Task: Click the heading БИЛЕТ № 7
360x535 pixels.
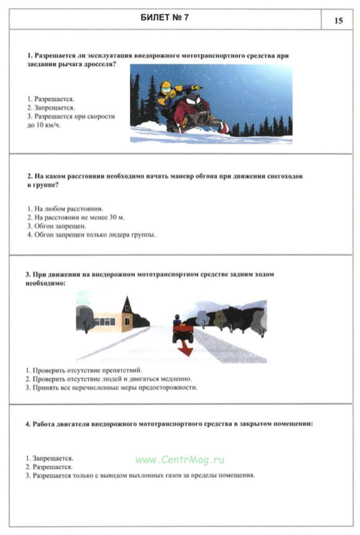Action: (165, 18)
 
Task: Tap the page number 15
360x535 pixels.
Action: (338, 21)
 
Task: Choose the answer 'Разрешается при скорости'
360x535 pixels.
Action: (71, 116)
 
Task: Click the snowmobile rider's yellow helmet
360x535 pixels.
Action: (166, 87)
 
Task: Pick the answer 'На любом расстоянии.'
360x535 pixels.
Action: (65, 209)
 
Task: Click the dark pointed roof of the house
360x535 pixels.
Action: (127, 306)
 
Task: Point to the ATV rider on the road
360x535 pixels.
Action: (177, 320)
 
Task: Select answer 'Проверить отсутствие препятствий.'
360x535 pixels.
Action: (84, 370)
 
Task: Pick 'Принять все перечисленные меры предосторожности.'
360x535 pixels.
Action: (112, 388)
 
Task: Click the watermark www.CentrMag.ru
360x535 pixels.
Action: (179, 460)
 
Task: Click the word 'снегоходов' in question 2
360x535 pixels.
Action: (283, 176)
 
